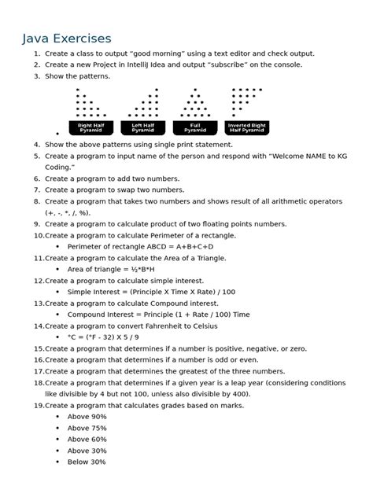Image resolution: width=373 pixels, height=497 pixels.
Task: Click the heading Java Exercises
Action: coord(66,38)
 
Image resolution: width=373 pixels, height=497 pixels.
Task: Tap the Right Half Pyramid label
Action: coord(90,127)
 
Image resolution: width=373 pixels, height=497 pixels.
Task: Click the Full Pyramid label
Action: coord(194,127)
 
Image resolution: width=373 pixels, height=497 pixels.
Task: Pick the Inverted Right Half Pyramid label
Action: coord(249,127)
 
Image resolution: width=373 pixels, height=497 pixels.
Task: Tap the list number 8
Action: coord(37,201)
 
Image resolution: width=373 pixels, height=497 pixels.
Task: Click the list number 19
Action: coord(38,405)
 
